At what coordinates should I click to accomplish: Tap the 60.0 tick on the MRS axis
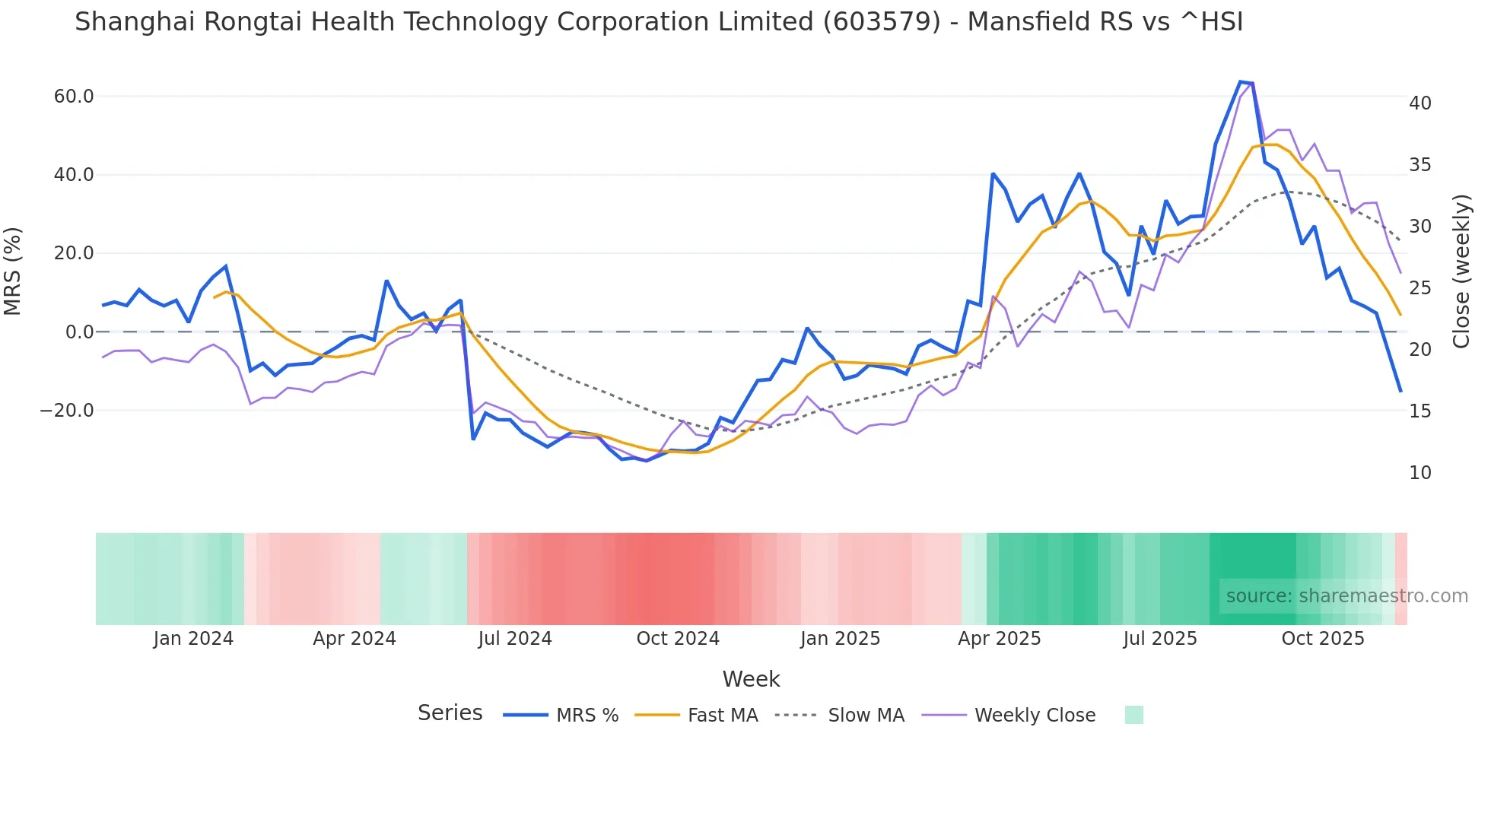coord(74,97)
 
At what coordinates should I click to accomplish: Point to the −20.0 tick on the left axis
coord(67,411)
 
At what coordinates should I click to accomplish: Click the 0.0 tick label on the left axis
coord(79,332)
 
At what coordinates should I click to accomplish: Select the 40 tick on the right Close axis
coord(1419,103)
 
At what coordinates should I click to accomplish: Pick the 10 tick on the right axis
coord(1419,473)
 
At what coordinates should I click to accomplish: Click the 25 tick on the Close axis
coord(1419,288)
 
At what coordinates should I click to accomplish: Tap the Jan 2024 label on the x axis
coord(193,639)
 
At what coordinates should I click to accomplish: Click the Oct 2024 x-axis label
coord(678,639)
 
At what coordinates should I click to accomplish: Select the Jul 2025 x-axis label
coord(1160,639)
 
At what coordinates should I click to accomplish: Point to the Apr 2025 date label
coord(999,639)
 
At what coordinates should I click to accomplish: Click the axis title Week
coord(751,679)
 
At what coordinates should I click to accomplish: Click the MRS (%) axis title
coord(13,271)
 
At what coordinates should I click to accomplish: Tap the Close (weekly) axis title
coord(1461,271)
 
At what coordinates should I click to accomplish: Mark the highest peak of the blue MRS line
coord(1240,81)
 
